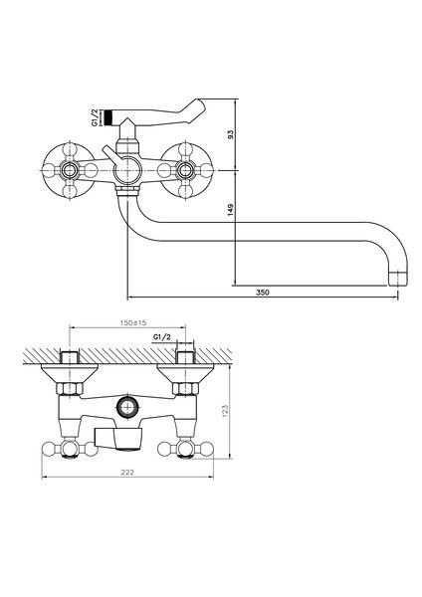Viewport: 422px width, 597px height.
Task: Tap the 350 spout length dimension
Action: (263, 292)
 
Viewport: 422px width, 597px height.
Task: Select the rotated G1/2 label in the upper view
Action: (96, 119)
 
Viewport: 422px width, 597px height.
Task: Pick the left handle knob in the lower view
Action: (70, 449)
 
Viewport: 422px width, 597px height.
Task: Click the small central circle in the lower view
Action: (125, 406)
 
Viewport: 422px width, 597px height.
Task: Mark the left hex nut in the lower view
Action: (70, 386)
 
